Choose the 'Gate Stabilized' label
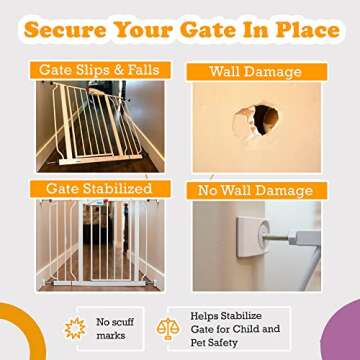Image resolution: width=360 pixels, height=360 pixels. pos(98,188)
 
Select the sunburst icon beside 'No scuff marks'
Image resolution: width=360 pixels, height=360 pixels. pos(74,329)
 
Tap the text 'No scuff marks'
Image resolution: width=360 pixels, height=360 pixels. pos(112,329)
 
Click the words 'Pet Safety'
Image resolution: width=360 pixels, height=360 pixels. pos(229,343)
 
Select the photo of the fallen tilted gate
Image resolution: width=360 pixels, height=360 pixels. pos(98,125)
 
